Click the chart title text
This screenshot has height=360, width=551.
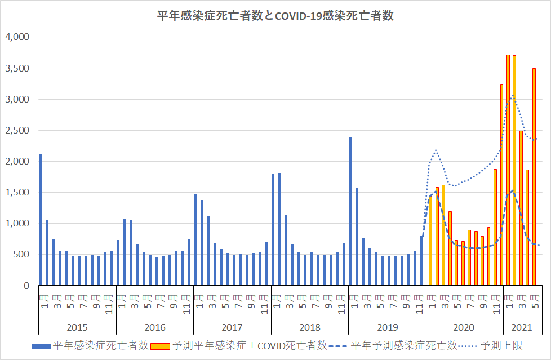point(275,16)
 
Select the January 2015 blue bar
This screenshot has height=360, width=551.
point(40,220)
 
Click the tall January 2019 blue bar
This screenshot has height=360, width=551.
point(350,211)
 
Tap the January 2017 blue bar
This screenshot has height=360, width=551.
point(195,240)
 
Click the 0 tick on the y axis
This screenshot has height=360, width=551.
point(26,286)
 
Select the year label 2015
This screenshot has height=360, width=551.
point(77,327)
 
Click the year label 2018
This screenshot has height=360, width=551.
point(310,327)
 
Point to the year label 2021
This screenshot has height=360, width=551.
point(521,327)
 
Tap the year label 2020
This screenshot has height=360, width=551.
point(464,327)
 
